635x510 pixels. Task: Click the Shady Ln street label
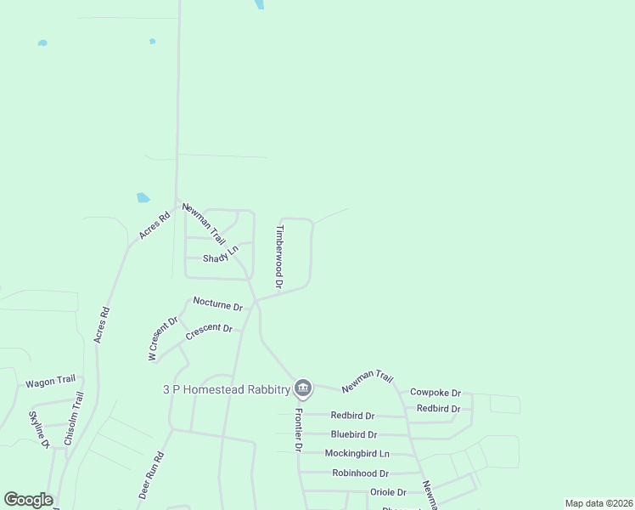221,253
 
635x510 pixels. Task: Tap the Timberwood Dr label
278,254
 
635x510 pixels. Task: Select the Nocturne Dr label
217,303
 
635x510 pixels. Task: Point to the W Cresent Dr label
162,339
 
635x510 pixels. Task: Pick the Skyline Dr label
40,429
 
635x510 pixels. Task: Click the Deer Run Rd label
150,475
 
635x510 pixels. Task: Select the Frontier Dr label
299,430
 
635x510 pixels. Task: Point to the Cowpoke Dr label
435,393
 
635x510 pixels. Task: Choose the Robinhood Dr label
360,473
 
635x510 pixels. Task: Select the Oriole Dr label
388,492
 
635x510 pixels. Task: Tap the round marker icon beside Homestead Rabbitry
304,390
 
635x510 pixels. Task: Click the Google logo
28,500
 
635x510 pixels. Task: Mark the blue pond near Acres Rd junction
143,198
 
